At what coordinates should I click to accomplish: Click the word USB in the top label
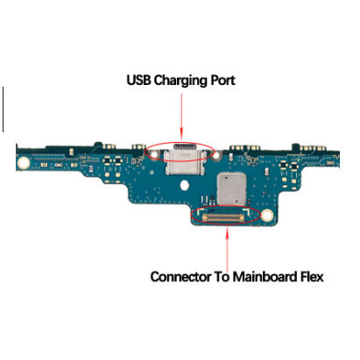138,80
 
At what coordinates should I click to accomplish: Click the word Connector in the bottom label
181,277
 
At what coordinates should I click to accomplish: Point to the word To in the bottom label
222,277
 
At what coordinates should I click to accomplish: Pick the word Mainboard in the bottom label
265,277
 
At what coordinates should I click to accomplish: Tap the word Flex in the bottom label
312,277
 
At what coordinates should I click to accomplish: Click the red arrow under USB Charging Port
181,116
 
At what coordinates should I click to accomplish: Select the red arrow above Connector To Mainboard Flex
227,248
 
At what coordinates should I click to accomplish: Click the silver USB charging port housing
184,160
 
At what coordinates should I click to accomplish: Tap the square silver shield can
231,188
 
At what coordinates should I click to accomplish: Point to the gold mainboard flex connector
223,217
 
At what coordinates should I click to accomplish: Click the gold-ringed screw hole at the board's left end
24,162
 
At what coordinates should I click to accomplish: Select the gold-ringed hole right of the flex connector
267,215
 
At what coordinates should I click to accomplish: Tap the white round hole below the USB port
184,185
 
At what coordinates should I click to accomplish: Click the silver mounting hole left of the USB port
153,154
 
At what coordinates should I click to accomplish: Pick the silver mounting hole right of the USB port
215,156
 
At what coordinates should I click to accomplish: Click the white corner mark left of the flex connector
199,210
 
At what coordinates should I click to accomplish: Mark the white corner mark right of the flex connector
246,211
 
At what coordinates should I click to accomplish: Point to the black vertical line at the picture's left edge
3,109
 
